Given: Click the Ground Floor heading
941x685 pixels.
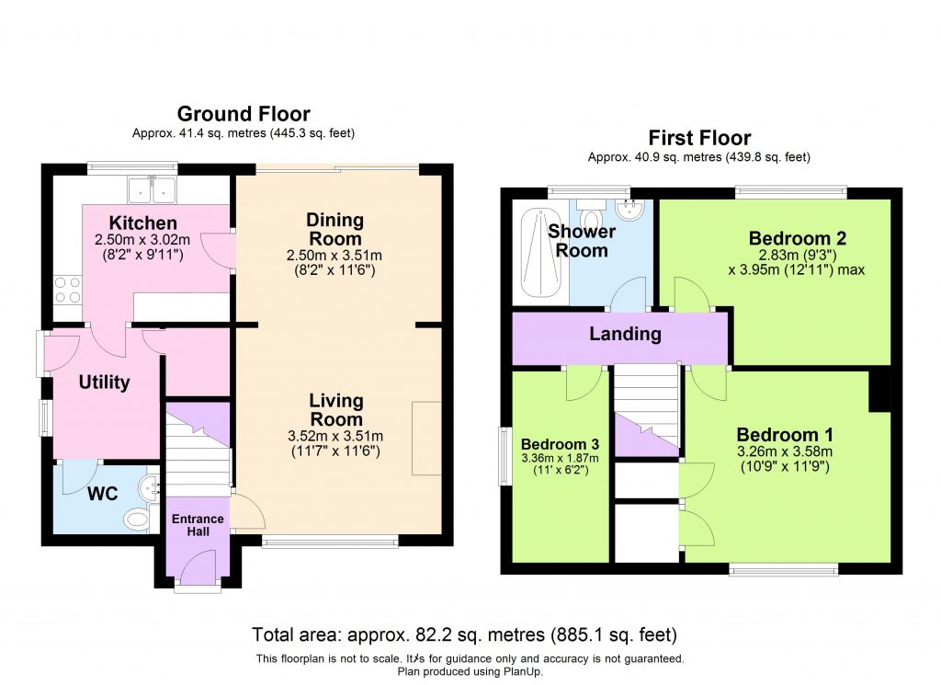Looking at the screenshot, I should [x=244, y=114].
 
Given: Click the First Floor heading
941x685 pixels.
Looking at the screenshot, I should [x=699, y=138].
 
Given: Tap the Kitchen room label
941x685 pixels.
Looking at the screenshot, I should [x=142, y=223].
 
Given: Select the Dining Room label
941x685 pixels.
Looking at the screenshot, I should [x=334, y=229].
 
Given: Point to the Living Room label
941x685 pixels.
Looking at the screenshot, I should [x=335, y=410].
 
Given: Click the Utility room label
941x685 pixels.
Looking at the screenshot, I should [x=105, y=382].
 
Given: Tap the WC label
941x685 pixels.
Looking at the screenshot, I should [x=102, y=494].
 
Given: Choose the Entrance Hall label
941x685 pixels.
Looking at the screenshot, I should [x=198, y=525].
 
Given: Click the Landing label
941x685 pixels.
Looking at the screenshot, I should [x=625, y=334].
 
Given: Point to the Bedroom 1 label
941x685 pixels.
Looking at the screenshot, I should [x=777, y=434].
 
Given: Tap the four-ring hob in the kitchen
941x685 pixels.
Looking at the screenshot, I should [x=67, y=291].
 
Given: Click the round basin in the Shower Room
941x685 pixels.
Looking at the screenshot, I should [x=629, y=210].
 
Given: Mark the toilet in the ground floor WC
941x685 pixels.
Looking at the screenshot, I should [x=137, y=521].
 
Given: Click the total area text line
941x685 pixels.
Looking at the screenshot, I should [x=464, y=634].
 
